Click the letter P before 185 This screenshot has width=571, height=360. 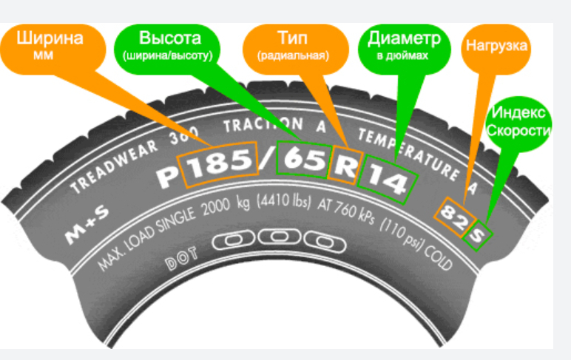(169, 174)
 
